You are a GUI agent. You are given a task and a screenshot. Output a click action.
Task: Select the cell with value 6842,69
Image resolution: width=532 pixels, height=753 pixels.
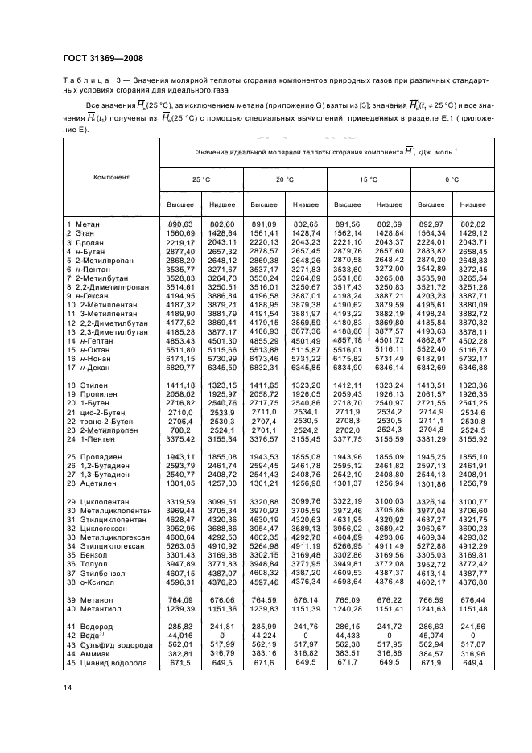pos(431,344)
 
